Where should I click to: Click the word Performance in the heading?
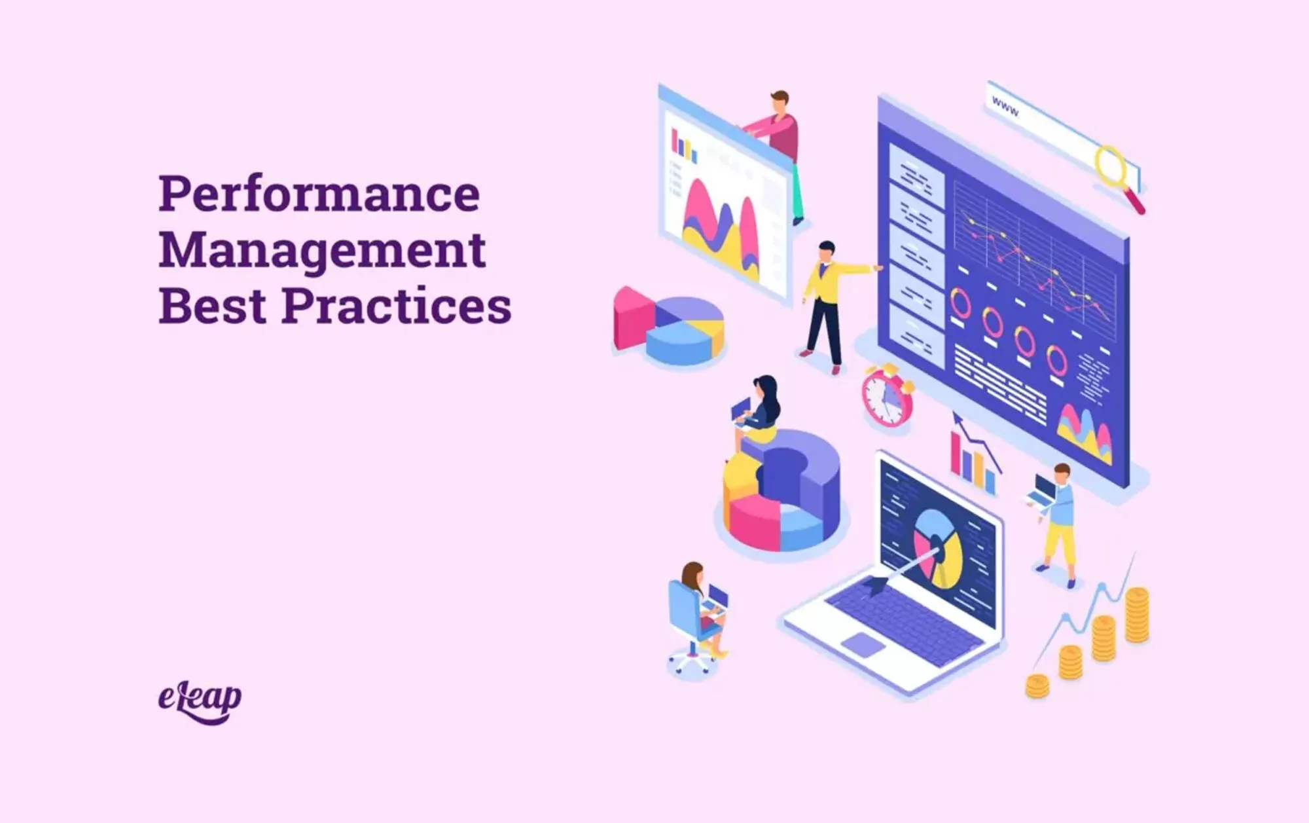click(x=319, y=194)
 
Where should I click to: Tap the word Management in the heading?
click(x=322, y=251)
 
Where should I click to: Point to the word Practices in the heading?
click(x=397, y=306)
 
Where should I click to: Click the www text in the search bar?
click(x=1005, y=106)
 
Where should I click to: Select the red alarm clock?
click(x=888, y=396)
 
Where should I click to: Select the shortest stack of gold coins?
click(x=1037, y=686)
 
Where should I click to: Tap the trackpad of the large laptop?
click(x=863, y=645)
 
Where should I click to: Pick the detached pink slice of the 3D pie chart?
click(x=634, y=317)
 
